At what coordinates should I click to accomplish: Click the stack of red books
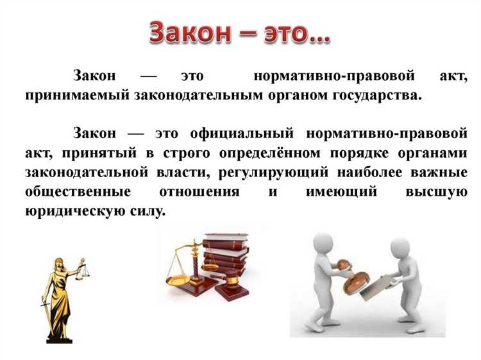pos(224,257)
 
